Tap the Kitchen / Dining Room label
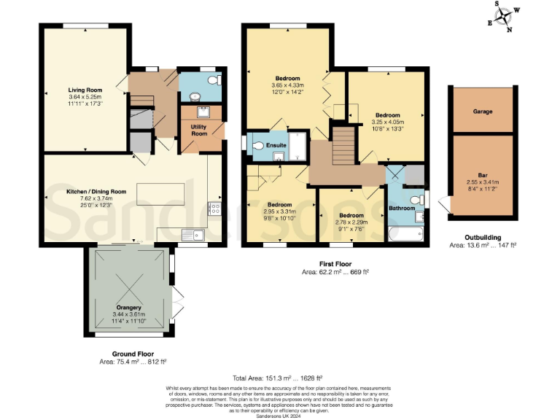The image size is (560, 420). tap(96, 192)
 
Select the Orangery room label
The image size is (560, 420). tap(128, 307)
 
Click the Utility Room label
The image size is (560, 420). tap(199, 131)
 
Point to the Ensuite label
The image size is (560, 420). tap(276, 146)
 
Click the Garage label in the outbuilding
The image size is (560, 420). tap(483, 112)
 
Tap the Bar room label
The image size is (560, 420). tap(483, 175)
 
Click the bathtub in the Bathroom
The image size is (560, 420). tap(405, 233)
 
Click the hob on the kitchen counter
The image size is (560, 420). tap(216, 209)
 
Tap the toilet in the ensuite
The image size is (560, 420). tap(257, 146)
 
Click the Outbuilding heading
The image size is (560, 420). tap(482, 238)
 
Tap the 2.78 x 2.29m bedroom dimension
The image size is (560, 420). tap(351, 222)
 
